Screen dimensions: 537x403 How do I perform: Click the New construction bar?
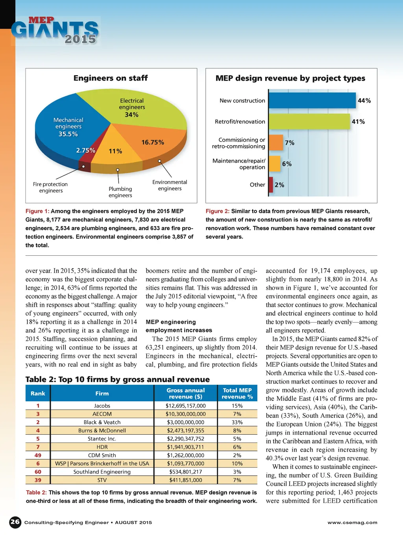(x=312, y=100)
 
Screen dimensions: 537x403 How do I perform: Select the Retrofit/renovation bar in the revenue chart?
(x=309, y=122)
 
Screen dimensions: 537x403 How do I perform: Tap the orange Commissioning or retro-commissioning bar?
(x=276, y=142)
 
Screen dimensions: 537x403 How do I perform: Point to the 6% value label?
(x=287, y=164)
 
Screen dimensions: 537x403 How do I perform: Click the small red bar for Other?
(x=271, y=185)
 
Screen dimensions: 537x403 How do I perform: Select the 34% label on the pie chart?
(x=131, y=115)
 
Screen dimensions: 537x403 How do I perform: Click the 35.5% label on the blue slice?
(x=68, y=134)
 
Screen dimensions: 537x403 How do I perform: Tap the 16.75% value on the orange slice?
(x=153, y=142)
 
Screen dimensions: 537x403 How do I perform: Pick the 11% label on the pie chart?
(x=115, y=151)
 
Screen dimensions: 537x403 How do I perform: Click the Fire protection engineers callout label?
(x=50, y=187)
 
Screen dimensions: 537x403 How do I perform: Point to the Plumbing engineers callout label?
(x=120, y=192)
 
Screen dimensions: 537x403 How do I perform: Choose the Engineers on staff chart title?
(x=111, y=78)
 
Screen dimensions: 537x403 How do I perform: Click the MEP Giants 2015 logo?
(x=55, y=31)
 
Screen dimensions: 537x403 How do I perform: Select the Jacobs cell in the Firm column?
(x=102, y=406)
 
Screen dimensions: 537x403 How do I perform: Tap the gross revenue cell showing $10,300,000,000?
(x=185, y=414)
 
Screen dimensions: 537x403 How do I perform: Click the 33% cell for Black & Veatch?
(x=237, y=422)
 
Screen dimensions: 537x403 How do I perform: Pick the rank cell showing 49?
(x=38, y=455)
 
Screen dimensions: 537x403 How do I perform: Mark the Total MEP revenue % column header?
(x=237, y=393)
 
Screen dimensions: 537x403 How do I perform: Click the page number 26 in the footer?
(x=15, y=522)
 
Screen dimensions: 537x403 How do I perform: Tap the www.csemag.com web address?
(x=352, y=522)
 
